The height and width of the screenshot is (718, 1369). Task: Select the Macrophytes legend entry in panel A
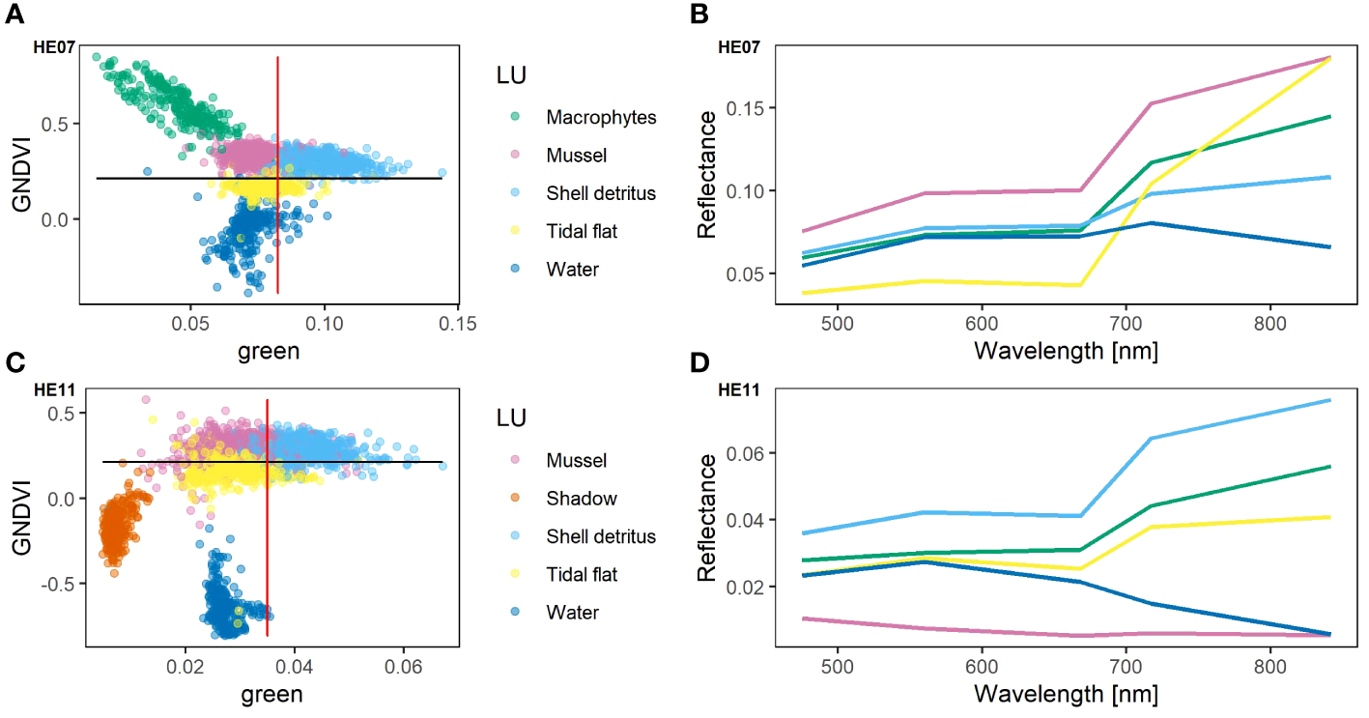(x=600, y=117)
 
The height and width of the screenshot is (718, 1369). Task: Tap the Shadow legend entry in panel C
(x=581, y=499)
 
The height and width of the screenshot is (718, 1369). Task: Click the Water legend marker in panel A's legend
(x=515, y=270)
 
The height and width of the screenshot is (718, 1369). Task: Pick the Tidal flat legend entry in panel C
(x=581, y=575)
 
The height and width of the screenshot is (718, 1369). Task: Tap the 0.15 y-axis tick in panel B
(x=748, y=107)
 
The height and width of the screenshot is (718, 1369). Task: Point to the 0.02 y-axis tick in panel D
(x=748, y=587)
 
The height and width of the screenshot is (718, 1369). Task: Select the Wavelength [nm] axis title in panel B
(x=1066, y=348)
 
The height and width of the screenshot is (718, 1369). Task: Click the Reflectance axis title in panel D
(x=708, y=518)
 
